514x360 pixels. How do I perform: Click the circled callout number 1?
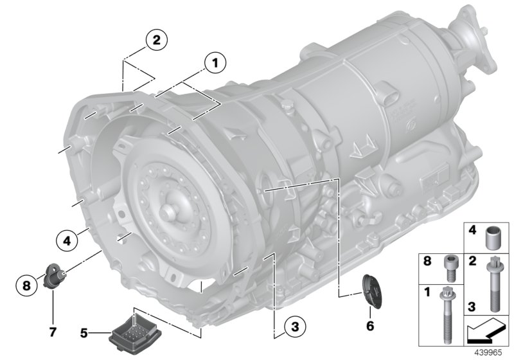(215, 62)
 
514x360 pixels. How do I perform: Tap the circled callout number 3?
(292, 327)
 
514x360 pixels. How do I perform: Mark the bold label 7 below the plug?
(53, 332)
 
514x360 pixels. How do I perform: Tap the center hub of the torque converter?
(168, 213)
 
